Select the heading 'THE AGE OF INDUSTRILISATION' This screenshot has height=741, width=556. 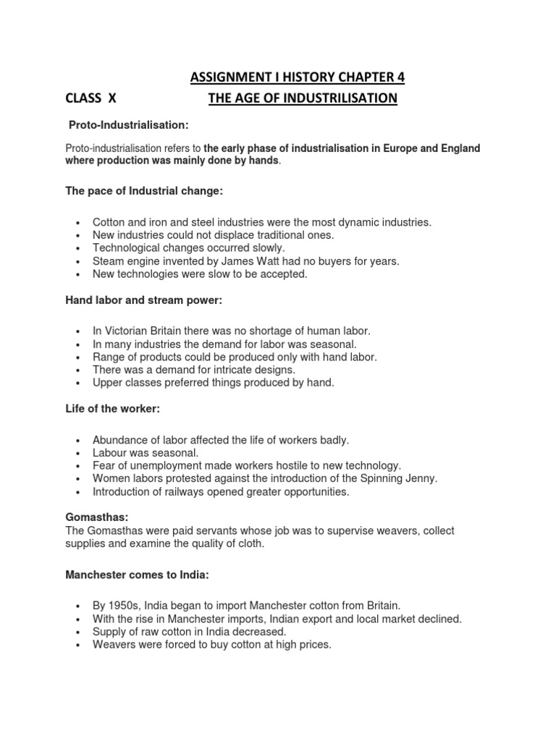coord(303,98)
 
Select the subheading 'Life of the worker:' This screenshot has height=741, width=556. coord(112,409)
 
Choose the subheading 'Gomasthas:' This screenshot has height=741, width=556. coord(96,519)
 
